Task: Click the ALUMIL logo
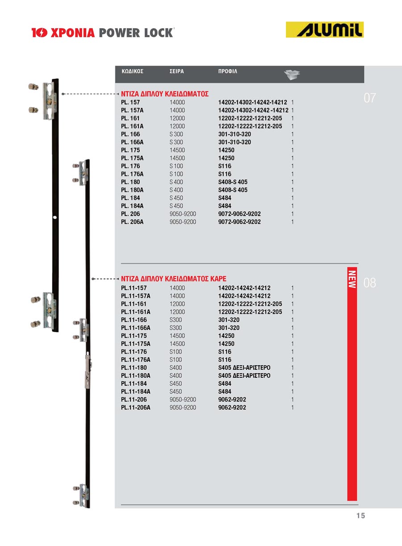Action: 325,29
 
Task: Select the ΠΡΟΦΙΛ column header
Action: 228,71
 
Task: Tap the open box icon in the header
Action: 292,75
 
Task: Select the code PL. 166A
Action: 132,142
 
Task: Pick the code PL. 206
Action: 130,214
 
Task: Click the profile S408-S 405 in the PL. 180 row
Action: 233,182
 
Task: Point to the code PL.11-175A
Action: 136,344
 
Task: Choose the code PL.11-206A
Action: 136,408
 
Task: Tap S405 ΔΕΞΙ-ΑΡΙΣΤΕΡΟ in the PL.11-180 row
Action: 244,368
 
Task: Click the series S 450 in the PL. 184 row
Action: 176,198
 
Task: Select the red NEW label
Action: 352,279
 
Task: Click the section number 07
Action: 370,98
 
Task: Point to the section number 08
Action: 370,283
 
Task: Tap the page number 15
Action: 360,516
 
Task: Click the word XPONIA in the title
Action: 72,33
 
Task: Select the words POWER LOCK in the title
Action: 135,33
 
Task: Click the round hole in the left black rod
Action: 55,217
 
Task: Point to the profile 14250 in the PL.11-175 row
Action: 226,336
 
